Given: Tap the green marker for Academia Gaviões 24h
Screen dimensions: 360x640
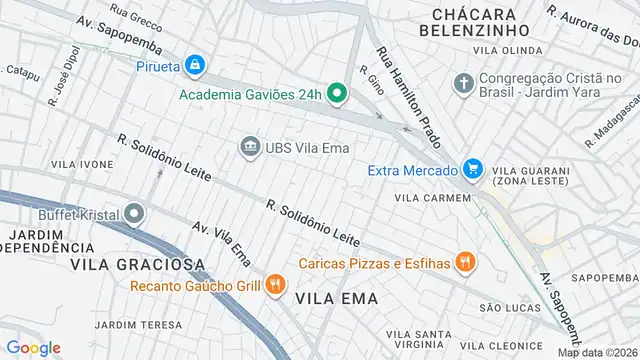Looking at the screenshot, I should tap(337, 95).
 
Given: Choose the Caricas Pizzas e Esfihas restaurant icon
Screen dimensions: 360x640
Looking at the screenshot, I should tap(464, 264).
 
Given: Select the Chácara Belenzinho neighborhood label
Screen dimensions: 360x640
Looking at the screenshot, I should tap(474, 22).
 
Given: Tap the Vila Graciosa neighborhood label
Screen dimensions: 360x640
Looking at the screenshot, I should tap(137, 264).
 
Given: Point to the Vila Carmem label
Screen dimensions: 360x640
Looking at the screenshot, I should tap(431, 198).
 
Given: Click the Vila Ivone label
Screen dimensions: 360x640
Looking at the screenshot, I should tap(82, 164).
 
